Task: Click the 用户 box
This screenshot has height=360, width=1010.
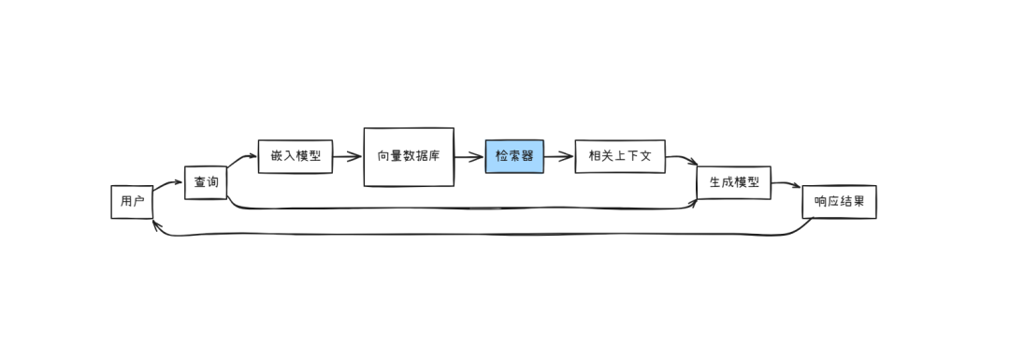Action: (x=132, y=202)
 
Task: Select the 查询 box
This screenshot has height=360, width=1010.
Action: (x=206, y=182)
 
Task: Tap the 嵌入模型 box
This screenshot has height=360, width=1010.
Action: (x=296, y=156)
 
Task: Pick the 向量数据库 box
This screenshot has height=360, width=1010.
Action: (x=409, y=157)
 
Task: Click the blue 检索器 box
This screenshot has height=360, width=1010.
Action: (x=514, y=156)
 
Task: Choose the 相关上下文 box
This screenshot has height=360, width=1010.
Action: (x=620, y=156)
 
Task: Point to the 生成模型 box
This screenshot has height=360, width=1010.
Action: (x=734, y=182)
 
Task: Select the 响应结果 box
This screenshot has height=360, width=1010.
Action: (x=839, y=202)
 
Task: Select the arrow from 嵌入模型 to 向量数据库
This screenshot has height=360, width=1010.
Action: (x=348, y=156)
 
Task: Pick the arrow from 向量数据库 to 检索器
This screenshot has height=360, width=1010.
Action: (x=469, y=156)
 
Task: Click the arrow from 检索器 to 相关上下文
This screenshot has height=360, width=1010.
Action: (x=559, y=156)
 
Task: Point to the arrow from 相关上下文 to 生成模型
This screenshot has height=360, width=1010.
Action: (x=683, y=158)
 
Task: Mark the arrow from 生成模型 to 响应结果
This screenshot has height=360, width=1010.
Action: (x=786, y=184)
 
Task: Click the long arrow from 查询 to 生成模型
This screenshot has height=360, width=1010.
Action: (x=464, y=209)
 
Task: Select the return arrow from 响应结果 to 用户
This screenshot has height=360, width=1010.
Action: (x=483, y=235)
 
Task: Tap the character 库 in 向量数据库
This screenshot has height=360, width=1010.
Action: (x=434, y=156)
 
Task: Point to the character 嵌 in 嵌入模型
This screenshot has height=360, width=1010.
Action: (x=277, y=156)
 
